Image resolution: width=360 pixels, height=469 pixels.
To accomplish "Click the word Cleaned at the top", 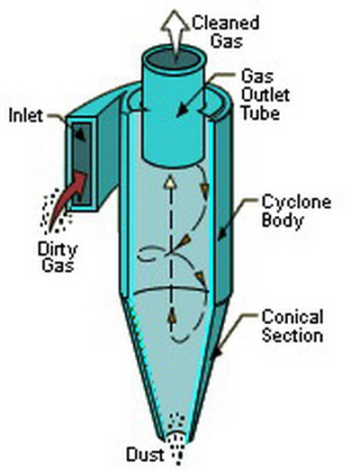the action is (x=225, y=23).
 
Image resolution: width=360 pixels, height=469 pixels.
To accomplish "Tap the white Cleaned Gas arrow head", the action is (x=175, y=22).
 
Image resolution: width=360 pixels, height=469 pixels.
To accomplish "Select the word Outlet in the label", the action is (x=265, y=95).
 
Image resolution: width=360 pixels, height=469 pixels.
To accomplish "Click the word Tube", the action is (x=261, y=113).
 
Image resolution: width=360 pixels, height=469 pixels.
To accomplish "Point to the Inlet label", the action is (x=26, y=115).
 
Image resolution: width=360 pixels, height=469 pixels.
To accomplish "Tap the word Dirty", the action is (x=58, y=249).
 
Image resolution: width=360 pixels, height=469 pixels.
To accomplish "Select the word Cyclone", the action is (x=296, y=203).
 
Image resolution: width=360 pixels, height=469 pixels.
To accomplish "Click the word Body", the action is (x=283, y=221).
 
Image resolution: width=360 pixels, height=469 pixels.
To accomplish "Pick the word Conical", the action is (x=292, y=317).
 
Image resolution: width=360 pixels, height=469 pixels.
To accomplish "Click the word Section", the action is (x=292, y=336).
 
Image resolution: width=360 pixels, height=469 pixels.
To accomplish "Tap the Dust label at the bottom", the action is (x=145, y=455).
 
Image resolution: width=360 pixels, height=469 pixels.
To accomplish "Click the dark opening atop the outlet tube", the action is (x=174, y=59).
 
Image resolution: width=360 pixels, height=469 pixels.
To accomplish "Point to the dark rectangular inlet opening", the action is (x=81, y=164).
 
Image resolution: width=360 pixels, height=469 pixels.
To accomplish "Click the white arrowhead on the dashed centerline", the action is (x=170, y=183).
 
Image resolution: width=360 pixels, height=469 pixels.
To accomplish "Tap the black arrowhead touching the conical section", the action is (x=217, y=352).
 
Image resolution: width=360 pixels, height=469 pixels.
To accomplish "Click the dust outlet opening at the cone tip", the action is (x=176, y=438).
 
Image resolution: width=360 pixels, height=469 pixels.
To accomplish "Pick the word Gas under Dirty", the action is (x=58, y=266).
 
